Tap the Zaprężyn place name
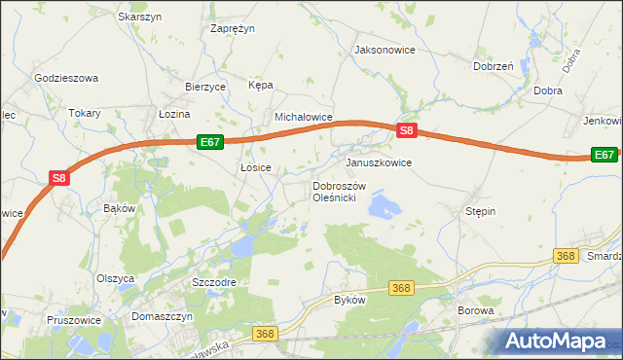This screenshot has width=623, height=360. (233, 28)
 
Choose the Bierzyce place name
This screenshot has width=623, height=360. (205, 86)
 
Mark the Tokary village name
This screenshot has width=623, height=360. (85, 113)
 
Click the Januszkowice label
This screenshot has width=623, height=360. (379, 162)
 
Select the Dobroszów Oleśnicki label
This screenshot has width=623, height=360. (338, 192)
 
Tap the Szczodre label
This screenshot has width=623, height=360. (214, 281)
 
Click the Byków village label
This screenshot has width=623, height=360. (349, 300)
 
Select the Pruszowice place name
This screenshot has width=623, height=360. (73, 319)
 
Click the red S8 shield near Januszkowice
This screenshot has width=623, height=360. (407, 130)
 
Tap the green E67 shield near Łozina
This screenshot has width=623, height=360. (210, 142)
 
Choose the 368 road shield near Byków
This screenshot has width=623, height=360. (401, 288)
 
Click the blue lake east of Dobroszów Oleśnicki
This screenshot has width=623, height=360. (385, 206)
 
